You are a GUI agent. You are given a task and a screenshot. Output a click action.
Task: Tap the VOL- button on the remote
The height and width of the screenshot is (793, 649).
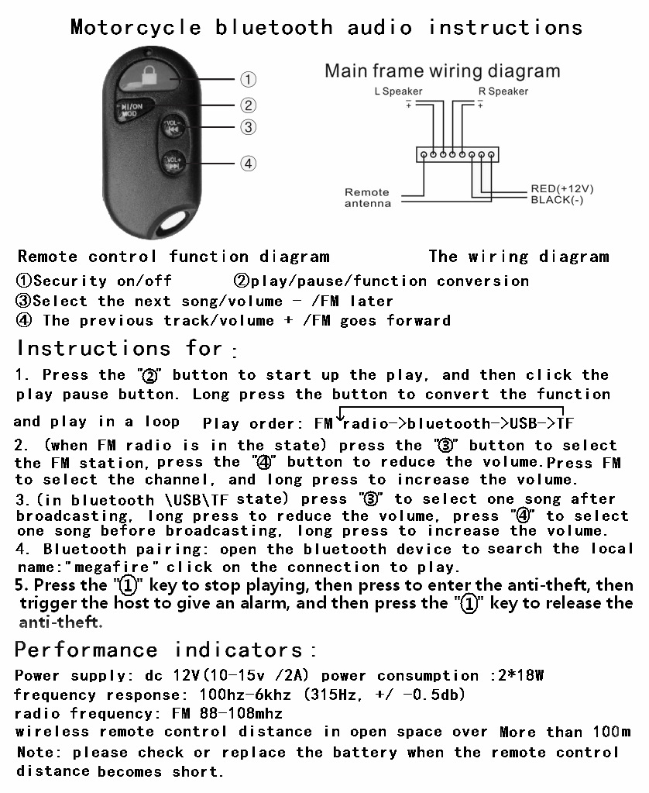tap(172, 126)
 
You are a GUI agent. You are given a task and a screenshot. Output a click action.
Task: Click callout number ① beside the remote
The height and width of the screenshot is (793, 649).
tap(248, 79)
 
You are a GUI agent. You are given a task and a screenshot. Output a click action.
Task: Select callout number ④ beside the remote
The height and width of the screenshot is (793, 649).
tap(248, 164)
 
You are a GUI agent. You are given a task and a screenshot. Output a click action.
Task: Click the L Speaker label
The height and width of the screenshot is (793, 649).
tap(398, 91)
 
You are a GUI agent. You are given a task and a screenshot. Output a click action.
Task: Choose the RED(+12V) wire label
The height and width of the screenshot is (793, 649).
tap(562, 188)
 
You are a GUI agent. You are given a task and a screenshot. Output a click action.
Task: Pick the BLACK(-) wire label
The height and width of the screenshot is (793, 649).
tap(557, 199)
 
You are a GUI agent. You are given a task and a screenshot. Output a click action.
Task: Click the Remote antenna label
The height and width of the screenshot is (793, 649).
tap(367, 198)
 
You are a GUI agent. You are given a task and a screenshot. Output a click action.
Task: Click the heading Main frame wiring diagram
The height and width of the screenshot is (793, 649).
tap(441, 71)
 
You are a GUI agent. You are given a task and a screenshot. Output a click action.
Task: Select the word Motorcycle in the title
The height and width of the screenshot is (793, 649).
tap(136, 28)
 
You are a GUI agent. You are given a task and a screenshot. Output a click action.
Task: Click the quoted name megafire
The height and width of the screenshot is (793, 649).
tap(98, 567)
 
